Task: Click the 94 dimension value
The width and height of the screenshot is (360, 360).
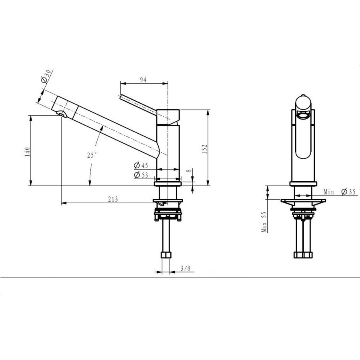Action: point(143,80)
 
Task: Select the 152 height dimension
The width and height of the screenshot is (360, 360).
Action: point(205,148)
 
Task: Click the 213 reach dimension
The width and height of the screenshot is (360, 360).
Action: point(113,199)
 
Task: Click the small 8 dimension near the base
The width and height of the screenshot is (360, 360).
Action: point(188,171)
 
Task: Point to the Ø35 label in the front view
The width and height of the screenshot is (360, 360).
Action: point(348,192)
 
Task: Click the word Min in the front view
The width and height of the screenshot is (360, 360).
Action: point(329,192)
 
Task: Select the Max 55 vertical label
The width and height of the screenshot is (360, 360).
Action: point(264,222)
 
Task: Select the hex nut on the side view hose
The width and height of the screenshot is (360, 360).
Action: point(164,256)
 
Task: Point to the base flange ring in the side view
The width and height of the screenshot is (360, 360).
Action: point(168,184)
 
